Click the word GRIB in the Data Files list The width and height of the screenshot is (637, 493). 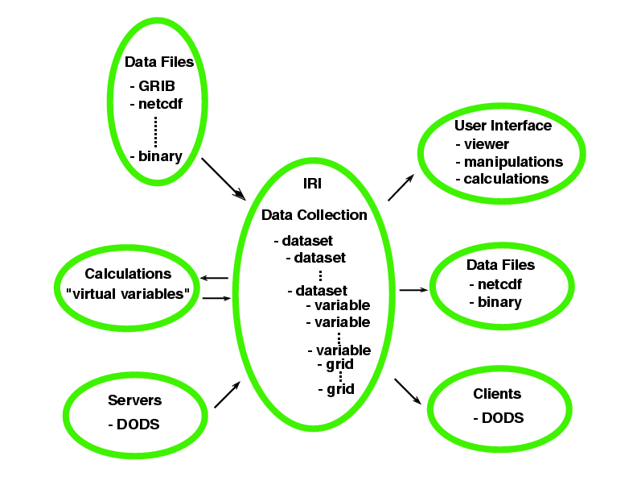(157, 85)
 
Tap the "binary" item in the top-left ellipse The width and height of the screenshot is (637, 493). (160, 155)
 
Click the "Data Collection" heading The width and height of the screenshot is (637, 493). (314, 215)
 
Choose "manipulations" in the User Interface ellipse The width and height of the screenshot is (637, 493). (512, 161)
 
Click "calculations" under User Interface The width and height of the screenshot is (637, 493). (506, 178)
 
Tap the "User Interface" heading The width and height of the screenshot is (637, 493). (503, 126)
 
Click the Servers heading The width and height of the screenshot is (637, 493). (135, 400)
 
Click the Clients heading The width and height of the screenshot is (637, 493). (497, 394)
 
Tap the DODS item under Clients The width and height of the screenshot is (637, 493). (503, 417)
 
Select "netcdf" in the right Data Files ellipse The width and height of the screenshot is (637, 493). (499, 284)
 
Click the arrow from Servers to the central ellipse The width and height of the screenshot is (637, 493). (226, 395)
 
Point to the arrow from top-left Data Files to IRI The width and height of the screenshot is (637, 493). (223, 178)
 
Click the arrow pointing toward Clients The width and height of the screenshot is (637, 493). (409, 391)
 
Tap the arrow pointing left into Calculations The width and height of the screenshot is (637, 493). (215, 279)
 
